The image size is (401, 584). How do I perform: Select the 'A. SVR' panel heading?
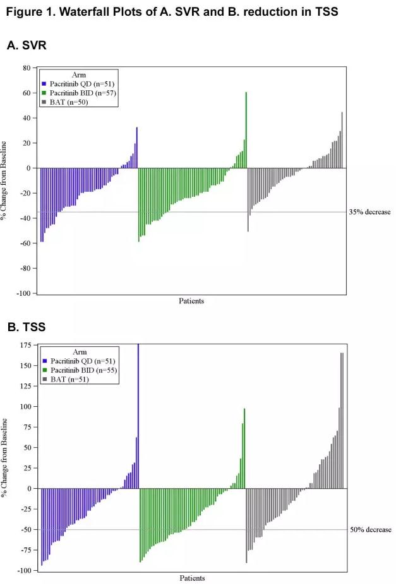(x=27, y=45)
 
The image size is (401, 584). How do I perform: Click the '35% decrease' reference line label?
(x=370, y=212)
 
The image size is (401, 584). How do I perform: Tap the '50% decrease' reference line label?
(x=371, y=530)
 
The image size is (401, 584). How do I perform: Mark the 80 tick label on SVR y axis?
(x=26, y=67)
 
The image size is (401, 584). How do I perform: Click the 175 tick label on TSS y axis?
(x=25, y=346)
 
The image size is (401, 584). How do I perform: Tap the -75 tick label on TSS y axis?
(x=25, y=550)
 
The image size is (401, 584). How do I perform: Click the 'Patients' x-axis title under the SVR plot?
(x=191, y=301)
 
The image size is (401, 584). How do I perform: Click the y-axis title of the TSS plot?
(x=6, y=457)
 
